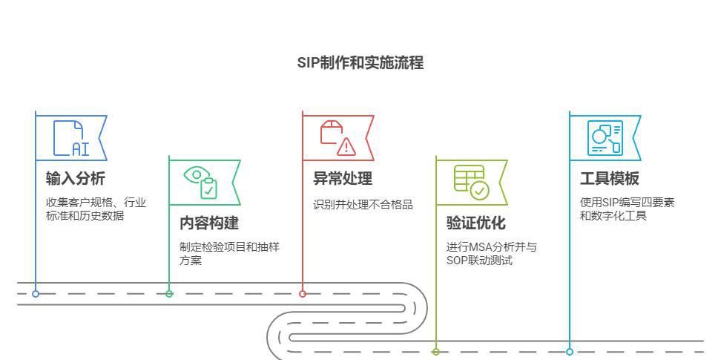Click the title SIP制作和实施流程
tap(360, 63)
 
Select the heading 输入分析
tap(75, 178)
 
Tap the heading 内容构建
tap(209, 223)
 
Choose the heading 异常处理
tap(342, 178)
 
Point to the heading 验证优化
tap(475, 223)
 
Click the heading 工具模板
tap(609, 178)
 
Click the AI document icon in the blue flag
tap(71, 138)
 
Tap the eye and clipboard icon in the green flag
tap(202, 182)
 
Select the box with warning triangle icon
tap(338, 138)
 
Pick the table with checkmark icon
tap(471, 182)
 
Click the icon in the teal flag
tap(605, 138)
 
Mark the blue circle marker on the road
tap(36, 294)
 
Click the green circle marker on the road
tap(169, 294)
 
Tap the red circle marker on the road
tap(303, 294)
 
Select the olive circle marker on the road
tap(436, 352)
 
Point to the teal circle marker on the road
tap(570, 352)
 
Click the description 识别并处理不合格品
tap(363, 204)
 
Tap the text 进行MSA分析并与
tap(491, 247)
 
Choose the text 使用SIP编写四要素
tap(627, 203)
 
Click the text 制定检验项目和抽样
tap(229, 247)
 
